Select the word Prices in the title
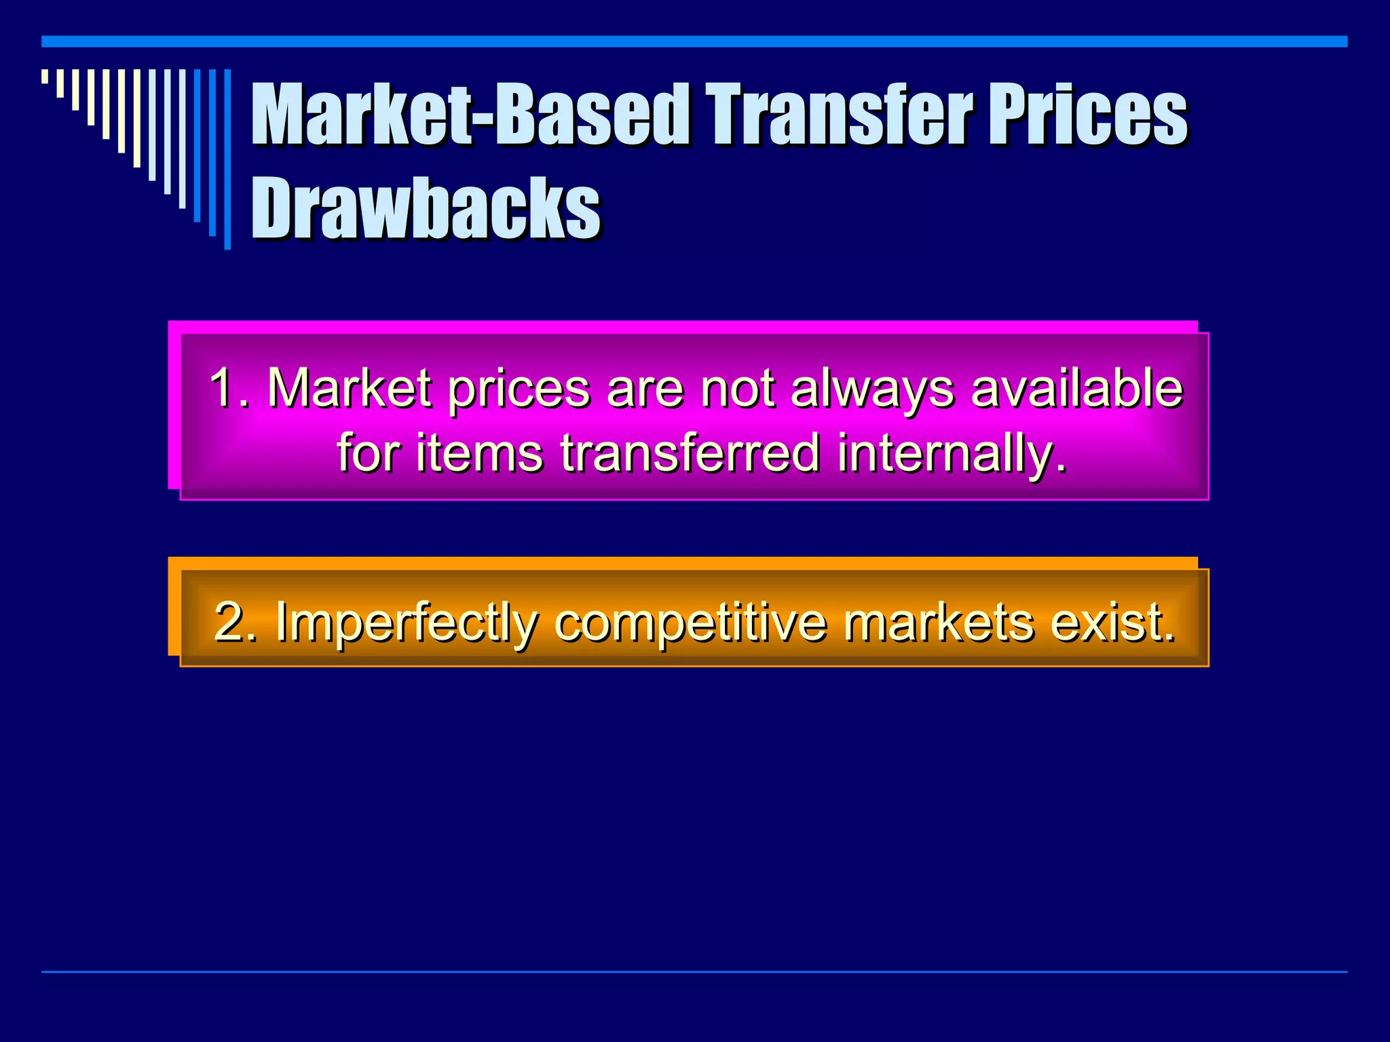(1087, 114)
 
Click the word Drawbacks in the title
(426, 208)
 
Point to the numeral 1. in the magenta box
(229, 387)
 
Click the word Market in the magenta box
(349, 387)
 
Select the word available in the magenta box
(1077, 387)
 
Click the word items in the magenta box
(479, 452)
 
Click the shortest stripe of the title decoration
(45, 76)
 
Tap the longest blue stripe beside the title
(227, 159)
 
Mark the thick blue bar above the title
(694, 41)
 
